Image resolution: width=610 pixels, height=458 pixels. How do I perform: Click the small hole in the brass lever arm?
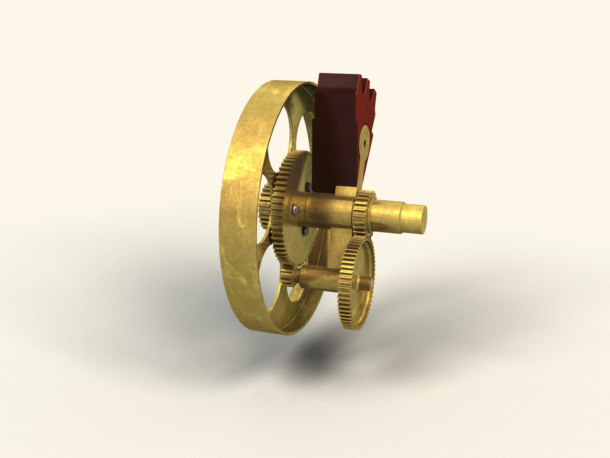[x=365, y=143]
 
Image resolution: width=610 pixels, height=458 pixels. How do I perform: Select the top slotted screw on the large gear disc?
[x=310, y=187]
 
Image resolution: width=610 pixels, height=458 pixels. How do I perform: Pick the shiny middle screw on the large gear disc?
[x=295, y=210]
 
